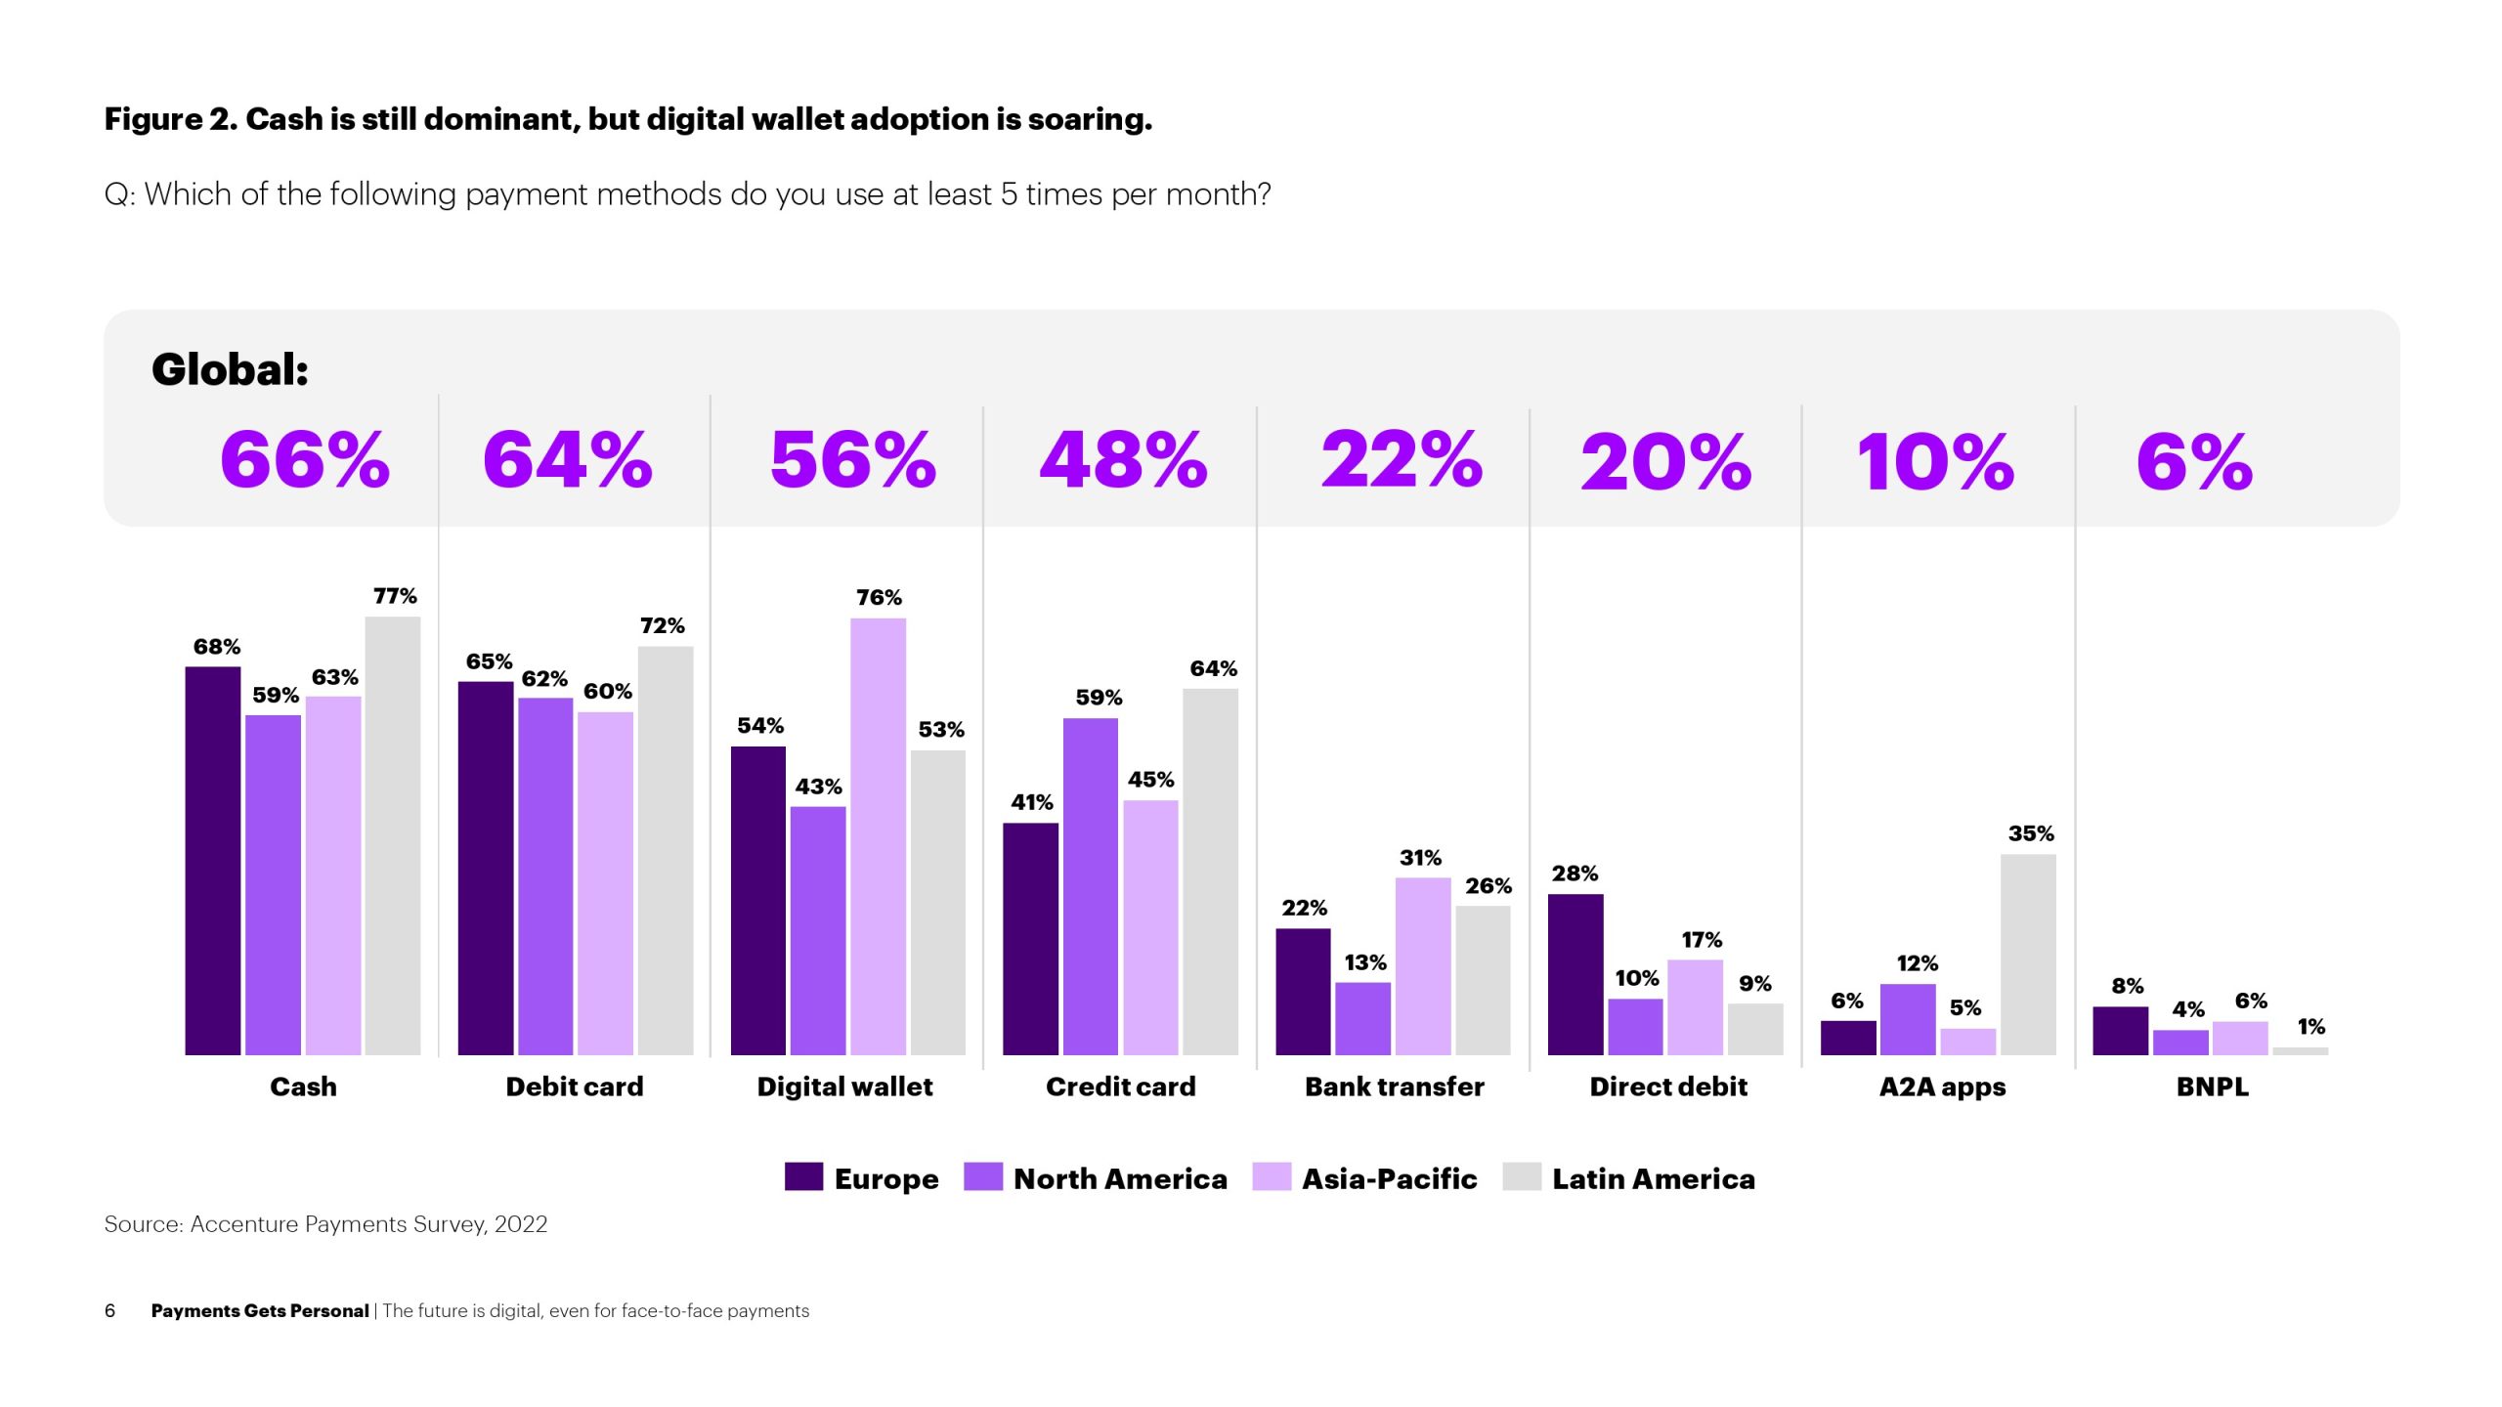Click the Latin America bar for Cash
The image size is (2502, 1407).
tap(393, 835)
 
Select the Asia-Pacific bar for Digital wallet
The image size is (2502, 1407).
tap(878, 836)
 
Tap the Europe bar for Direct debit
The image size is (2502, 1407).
tap(1575, 974)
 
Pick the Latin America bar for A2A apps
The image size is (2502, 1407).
tap(2028, 955)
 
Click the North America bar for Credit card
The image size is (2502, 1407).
tap(1091, 886)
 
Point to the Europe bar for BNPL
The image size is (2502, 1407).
tap(2120, 1030)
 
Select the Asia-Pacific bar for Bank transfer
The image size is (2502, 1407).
tap(1423, 966)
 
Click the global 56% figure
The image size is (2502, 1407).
tap(853, 460)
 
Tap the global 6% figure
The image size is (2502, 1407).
tap(2194, 462)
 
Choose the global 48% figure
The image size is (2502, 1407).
tap(1124, 460)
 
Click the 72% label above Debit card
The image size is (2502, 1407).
tap(663, 626)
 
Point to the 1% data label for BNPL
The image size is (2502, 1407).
tap(2310, 1027)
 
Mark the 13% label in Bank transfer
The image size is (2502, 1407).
tap(1364, 963)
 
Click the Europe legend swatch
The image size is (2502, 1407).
tap(803, 1176)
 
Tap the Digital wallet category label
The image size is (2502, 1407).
tap(844, 1087)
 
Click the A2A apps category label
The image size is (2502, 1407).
tap(1942, 1087)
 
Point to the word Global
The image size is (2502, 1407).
tap(230, 369)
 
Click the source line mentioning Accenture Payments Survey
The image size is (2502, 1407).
tap(325, 1224)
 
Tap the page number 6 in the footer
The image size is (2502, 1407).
tap(109, 1311)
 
